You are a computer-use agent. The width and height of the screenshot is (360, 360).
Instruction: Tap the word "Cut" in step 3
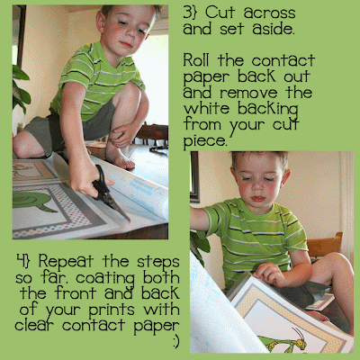[220, 13]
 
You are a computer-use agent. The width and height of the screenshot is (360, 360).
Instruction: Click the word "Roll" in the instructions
[198, 60]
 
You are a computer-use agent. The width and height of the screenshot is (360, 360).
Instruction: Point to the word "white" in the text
[206, 108]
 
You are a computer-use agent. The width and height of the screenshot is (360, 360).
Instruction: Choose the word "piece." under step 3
[205, 141]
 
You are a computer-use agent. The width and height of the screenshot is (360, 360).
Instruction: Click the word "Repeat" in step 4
[66, 262]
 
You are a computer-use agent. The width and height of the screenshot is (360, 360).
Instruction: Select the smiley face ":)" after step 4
[176, 341]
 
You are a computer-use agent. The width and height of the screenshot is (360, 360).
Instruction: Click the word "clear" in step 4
[36, 325]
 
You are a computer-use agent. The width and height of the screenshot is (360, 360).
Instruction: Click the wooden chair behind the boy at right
[326, 245]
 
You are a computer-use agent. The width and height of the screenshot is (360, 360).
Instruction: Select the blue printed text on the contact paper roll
[141, 187]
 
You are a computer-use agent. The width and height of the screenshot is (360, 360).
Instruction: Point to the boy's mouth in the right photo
[258, 199]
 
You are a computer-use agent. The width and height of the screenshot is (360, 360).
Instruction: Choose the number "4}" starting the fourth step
[23, 260]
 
